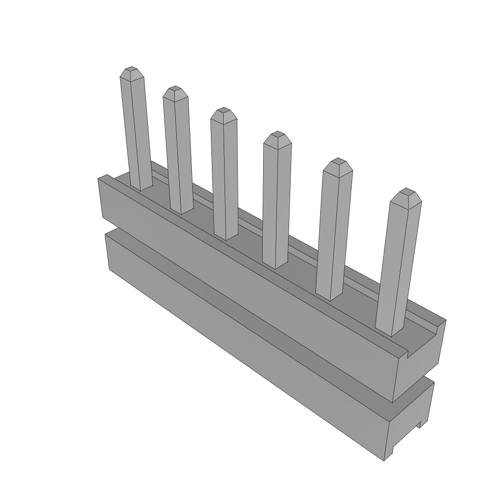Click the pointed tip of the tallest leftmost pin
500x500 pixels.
pos(131,70)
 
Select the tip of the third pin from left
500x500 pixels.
pos(224,110)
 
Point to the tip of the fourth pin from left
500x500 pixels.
pos(277,134)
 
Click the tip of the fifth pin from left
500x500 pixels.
pos(338,161)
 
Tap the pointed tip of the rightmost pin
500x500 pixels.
pos(406,191)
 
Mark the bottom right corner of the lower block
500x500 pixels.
pos(385,460)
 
